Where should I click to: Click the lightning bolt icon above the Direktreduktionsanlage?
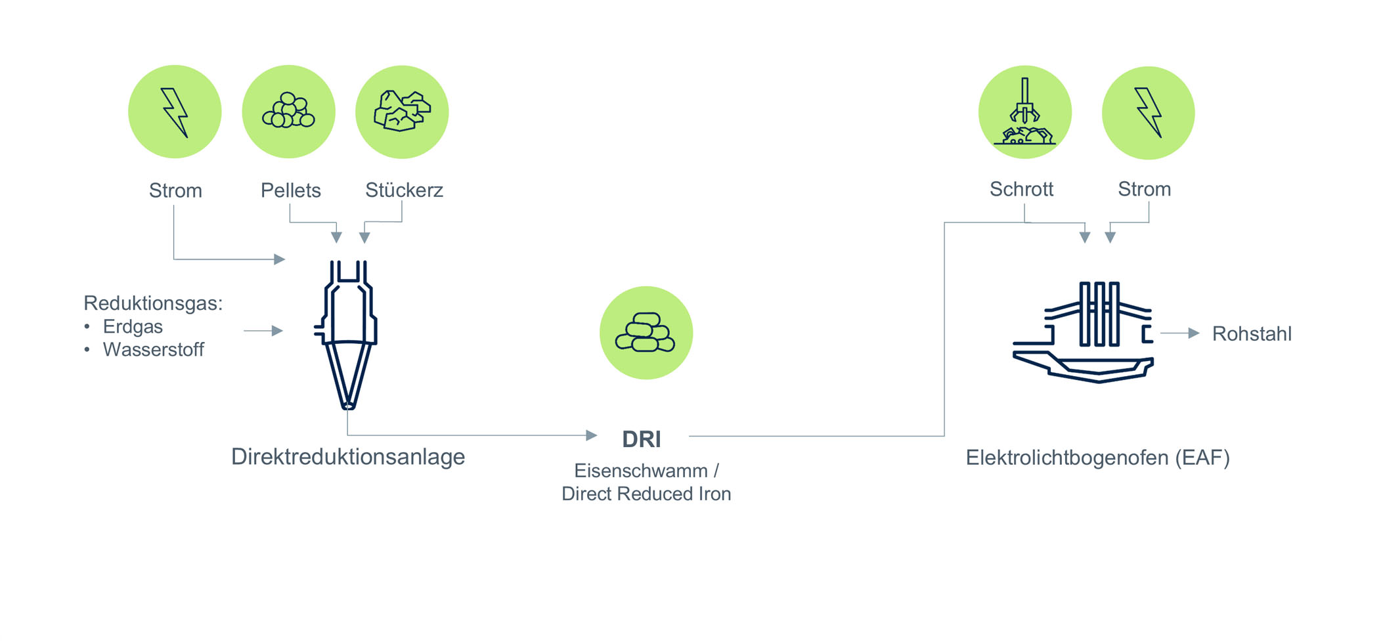tap(175, 112)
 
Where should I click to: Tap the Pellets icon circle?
tap(289, 112)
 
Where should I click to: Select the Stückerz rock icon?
tap(402, 112)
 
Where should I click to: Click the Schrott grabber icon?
tap(1025, 112)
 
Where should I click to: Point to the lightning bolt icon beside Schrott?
tap(1149, 113)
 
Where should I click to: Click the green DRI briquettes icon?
tap(646, 333)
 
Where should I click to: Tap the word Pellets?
tap(291, 190)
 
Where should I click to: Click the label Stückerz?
tap(405, 190)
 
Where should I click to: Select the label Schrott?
tap(1021, 189)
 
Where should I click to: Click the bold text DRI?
tap(642, 439)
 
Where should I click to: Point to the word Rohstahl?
tap(1252, 333)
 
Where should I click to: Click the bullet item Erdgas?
tap(133, 326)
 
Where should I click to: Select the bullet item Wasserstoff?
tap(154, 349)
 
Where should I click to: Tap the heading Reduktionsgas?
tap(153, 303)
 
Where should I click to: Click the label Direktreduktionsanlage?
tap(348, 456)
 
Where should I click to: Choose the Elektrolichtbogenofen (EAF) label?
tap(1098, 458)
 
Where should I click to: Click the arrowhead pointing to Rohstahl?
tap(1194, 333)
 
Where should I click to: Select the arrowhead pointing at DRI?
tap(591, 435)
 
